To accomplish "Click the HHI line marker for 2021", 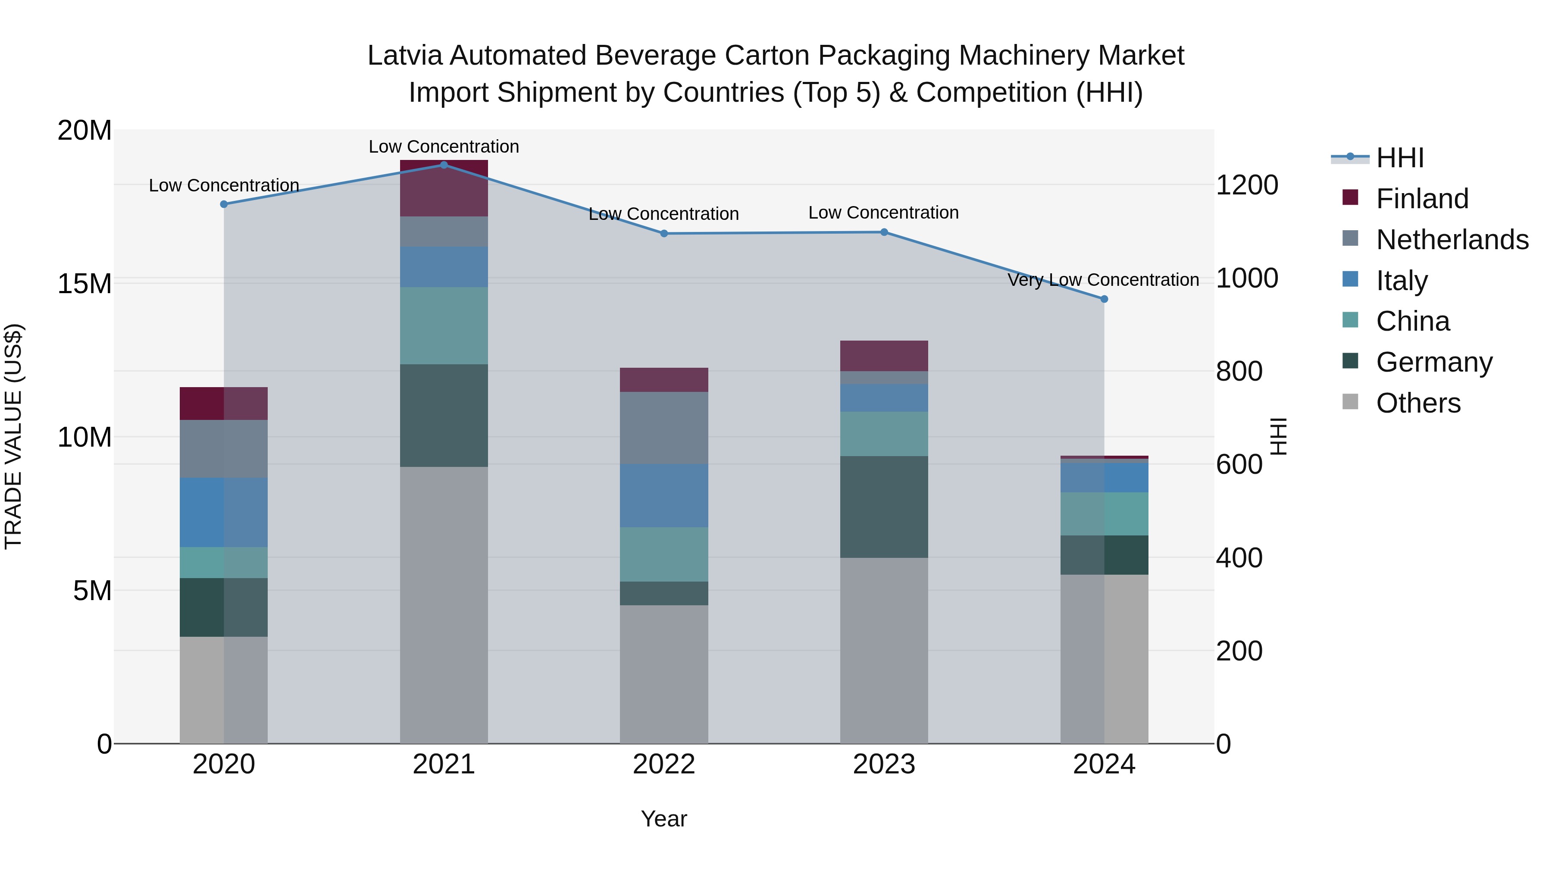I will point(444,165).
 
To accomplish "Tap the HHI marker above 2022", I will point(664,233).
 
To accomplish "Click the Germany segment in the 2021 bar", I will point(444,415).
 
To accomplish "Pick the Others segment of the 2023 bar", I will point(884,650).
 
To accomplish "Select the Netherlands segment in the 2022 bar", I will point(664,428).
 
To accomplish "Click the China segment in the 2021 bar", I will point(444,325).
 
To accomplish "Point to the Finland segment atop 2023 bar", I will point(884,356).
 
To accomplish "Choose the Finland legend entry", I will point(1422,199).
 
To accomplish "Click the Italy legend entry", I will point(1402,281).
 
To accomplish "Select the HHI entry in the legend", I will point(1399,158).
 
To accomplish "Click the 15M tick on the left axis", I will point(84,283).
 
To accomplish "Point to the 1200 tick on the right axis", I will point(1246,185).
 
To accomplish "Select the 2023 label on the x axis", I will point(884,764).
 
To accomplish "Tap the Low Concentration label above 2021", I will point(444,147).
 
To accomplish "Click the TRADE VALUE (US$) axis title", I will point(13,436).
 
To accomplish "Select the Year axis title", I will point(664,819).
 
